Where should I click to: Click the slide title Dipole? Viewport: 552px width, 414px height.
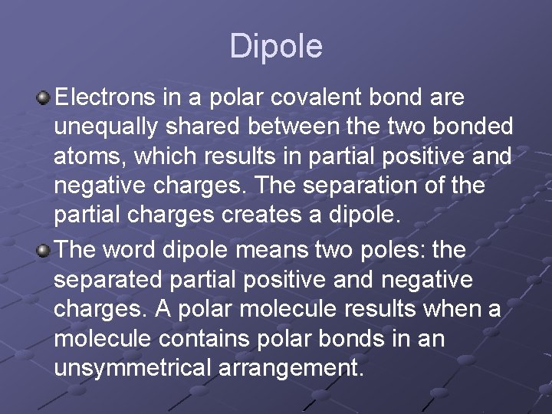click(x=276, y=47)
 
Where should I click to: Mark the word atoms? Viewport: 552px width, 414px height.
click(x=83, y=157)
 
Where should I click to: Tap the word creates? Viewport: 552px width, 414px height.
click(x=246, y=215)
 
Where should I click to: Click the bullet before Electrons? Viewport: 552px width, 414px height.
click(x=44, y=98)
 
